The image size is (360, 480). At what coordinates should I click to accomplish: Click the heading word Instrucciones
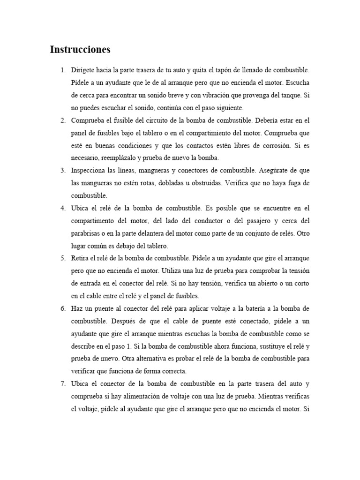click(x=80, y=50)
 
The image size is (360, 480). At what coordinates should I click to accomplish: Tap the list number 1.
click(x=63, y=70)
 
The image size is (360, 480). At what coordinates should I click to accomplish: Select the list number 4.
click(x=63, y=208)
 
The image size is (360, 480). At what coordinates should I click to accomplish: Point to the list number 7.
click(x=63, y=383)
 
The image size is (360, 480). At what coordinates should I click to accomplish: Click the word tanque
click(x=289, y=95)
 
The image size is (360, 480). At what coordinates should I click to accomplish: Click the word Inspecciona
click(x=90, y=170)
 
